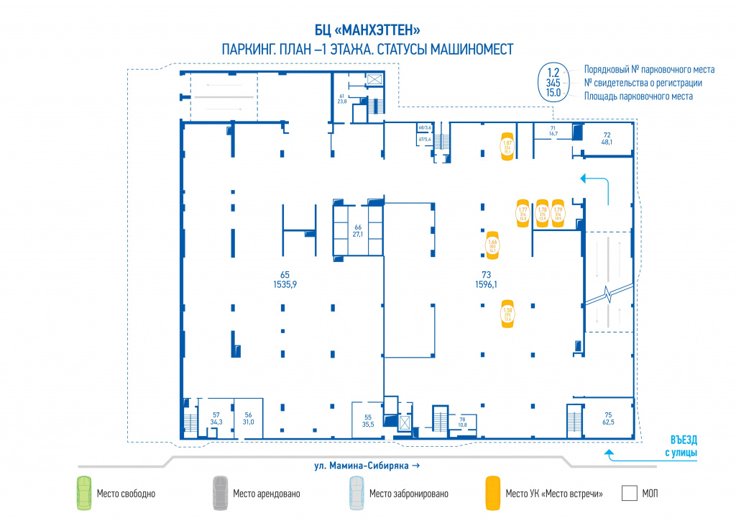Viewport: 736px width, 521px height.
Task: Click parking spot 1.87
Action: [x=507, y=148]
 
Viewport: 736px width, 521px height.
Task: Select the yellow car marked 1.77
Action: [x=523, y=213]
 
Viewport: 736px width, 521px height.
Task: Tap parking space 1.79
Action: [x=558, y=213]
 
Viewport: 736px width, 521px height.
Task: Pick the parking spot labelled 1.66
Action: [x=493, y=245]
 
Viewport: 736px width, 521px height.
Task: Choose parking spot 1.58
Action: [x=507, y=314]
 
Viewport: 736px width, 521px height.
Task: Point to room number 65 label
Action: [x=285, y=279]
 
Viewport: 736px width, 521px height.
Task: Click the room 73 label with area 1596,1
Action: [x=486, y=279]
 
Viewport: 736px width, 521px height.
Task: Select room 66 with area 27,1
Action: [x=357, y=230]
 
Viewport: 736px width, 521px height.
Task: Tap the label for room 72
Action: [x=607, y=138]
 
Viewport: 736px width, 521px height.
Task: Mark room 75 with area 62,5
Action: [x=608, y=418]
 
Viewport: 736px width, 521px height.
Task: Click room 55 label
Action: [x=368, y=421]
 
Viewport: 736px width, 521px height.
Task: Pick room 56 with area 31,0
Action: [x=249, y=418]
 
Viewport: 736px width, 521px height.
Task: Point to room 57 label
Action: [x=216, y=418]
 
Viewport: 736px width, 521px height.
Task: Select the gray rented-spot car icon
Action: [x=219, y=493]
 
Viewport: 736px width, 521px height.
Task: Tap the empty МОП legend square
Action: [x=630, y=493]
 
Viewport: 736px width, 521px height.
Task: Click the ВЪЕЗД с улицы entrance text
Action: [x=679, y=445]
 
